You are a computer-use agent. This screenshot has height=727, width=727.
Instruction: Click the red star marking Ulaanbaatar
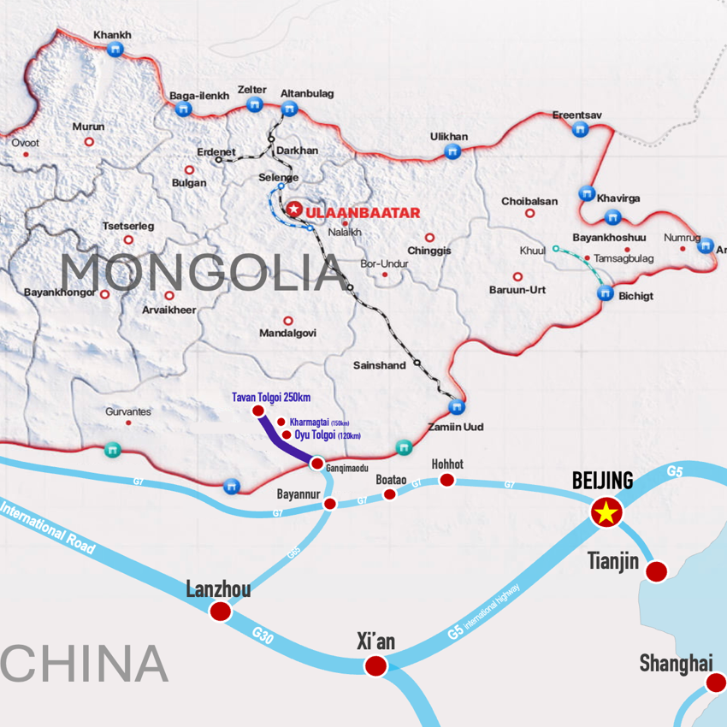[294, 209]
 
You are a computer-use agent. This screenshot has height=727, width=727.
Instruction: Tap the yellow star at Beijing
[606, 513]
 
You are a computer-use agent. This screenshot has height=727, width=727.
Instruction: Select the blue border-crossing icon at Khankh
[115, 50]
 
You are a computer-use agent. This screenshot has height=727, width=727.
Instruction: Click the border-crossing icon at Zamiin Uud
[457, 406]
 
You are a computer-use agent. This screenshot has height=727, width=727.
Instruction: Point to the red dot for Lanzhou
[220, 611]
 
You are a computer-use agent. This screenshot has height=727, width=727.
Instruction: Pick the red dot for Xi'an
[376, 665]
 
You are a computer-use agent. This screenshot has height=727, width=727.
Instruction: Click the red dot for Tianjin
[656, 571]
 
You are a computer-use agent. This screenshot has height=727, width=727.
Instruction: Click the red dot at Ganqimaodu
[316, 464]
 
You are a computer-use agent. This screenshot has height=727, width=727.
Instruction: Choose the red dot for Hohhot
[446, 480]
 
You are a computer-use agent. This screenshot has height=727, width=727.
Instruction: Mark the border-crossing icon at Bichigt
[605, 293]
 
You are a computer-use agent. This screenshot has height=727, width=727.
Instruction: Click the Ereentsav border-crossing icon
[580, 129]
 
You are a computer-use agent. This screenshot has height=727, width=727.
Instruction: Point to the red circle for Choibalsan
[529, 214]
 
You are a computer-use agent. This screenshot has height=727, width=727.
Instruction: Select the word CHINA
[84, 664]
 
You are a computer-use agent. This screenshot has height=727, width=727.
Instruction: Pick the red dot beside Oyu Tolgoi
[286, 434]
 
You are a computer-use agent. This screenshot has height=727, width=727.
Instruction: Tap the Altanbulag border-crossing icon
[289, 109]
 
